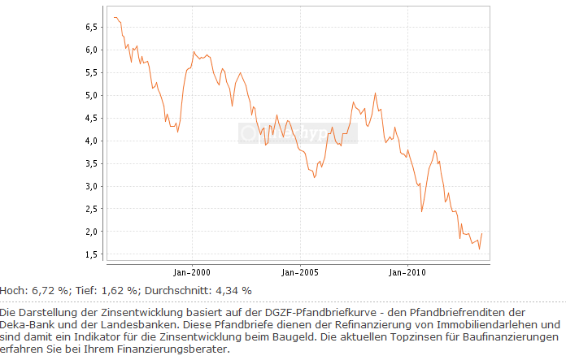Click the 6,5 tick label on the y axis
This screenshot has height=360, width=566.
pos(91,27)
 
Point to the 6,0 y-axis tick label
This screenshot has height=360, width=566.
pos(91,50)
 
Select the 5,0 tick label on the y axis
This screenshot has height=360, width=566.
pos(91,95)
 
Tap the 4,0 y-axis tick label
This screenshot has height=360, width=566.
pos(91,141)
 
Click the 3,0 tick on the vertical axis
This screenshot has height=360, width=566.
pos(91,186)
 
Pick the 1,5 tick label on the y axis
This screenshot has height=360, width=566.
pos(91,254)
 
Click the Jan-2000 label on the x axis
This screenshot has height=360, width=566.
pos(193,272)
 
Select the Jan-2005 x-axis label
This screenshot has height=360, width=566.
pos(299,272)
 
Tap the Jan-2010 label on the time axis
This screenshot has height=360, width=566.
pos(406,272)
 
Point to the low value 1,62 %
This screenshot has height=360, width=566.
pos(117,290)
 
